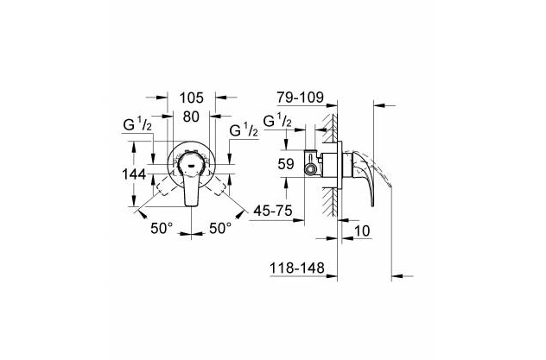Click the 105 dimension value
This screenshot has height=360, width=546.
click(191, 98)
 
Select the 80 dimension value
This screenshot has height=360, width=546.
click(191, 117)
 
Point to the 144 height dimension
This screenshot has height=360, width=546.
click(134, 174)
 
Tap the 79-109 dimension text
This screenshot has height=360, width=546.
click(301, 98)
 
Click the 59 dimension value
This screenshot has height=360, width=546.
click(286, 164)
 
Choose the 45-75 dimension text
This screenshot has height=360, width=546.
click(273, 210)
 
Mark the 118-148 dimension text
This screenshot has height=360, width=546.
click(297, 268)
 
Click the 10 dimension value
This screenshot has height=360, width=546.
click(363, 231)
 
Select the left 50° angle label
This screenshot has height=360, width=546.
click(162, 228)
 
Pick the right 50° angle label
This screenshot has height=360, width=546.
click(220, 228)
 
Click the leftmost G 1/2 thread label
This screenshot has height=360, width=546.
click(137, 124)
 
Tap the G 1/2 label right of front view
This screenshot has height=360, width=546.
click(244, 130)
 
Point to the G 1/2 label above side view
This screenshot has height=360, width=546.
click(277, 121)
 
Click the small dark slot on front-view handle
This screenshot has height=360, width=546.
click(192, 165)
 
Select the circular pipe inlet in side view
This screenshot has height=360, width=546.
click(309, 169)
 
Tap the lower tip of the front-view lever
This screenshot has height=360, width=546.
click(191, 206)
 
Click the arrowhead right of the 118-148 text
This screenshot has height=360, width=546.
click(332, 276)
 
